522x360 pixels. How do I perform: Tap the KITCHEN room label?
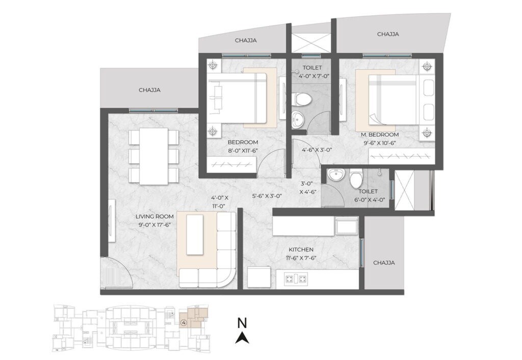(x=301, y=250)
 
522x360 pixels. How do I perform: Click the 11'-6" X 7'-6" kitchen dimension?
(x=301, y=259)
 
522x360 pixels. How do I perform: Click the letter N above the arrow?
(x=243, y=323)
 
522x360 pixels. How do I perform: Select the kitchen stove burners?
(x=295, y=278)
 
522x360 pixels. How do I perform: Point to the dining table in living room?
(x=153, y=156)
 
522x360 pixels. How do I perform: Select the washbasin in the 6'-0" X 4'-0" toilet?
(x=336, y=176)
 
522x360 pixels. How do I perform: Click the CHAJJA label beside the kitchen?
(x=384, y=263)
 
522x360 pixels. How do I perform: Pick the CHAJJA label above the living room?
(x=149, y=90)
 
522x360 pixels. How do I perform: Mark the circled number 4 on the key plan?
(x=183, y=323)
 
